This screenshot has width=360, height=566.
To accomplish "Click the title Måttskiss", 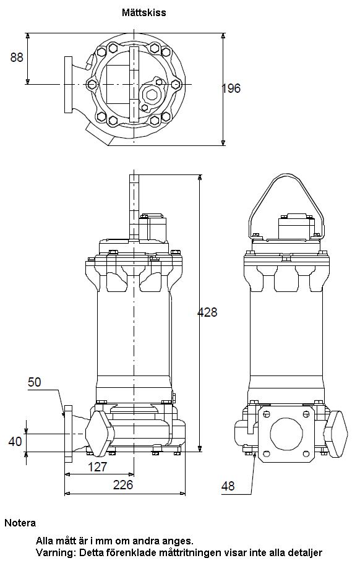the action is click(x=144, y=12).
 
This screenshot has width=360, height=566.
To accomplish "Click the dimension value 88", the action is click(x=17, y=58).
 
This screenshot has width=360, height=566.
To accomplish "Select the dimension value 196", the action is click(x=231, y=88).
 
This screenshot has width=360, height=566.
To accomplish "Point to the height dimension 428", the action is click(x=208, y=312).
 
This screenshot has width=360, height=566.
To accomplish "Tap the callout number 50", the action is click(x=35, y=382).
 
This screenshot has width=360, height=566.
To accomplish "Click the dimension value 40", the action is click(x=15, y=441).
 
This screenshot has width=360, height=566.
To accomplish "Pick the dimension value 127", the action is click(x=98, y=467).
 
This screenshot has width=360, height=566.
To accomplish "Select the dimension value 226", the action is click(x=123, y=485).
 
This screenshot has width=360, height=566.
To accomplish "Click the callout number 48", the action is click(x=228, y=486).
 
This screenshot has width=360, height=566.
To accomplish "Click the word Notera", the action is click(x=20, y=523).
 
